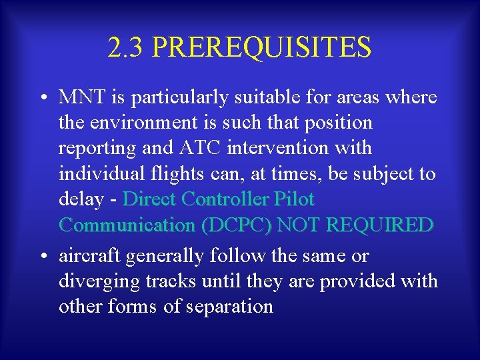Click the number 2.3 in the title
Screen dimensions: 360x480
pos(125,47)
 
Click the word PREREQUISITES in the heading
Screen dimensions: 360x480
pos(261,47)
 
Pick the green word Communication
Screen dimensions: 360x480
pos(127,225)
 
